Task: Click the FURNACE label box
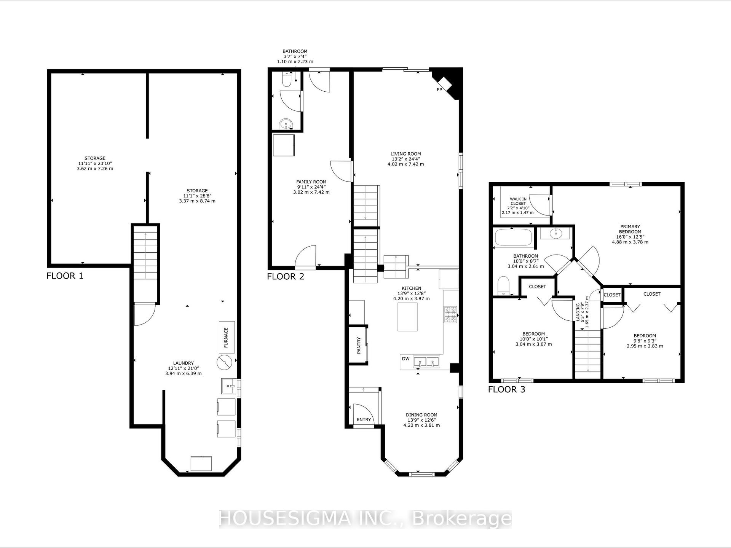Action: coord(227,337)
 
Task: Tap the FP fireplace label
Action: coord(439,90)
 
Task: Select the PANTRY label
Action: coord(359,345)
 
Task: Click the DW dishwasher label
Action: coord(406,359)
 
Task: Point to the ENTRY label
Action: coord(364,419)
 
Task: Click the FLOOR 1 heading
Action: coord(65,276)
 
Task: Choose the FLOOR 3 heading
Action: coord(506,389)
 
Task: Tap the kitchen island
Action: coord(407,317)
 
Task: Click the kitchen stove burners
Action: coord(450,315)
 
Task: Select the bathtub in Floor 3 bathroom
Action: coord(513,237)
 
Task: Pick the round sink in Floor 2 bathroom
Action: coord(286,124)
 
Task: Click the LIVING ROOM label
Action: coord(406,154)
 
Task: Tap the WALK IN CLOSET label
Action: coord(518,201)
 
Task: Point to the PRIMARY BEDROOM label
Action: coord(630,229)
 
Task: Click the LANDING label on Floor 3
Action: coord(578,312)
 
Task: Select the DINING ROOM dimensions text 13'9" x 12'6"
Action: coord(421,420)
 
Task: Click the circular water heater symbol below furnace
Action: coord(224,362)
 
